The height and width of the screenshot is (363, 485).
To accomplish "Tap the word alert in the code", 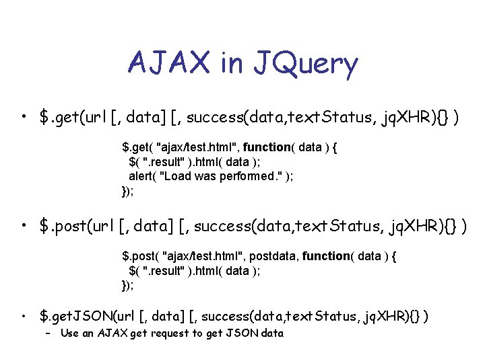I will (x=141, y=176).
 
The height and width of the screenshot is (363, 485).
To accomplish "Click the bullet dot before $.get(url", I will (x=24, y=118).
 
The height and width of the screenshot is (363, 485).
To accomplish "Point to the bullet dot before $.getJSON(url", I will (x=24, y=315).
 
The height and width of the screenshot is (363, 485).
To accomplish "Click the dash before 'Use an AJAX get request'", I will (x=48, y=333).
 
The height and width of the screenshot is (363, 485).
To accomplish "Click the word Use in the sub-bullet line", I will (x=69, y=333).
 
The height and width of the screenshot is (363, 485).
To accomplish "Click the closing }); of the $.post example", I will (x=127, y=285).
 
